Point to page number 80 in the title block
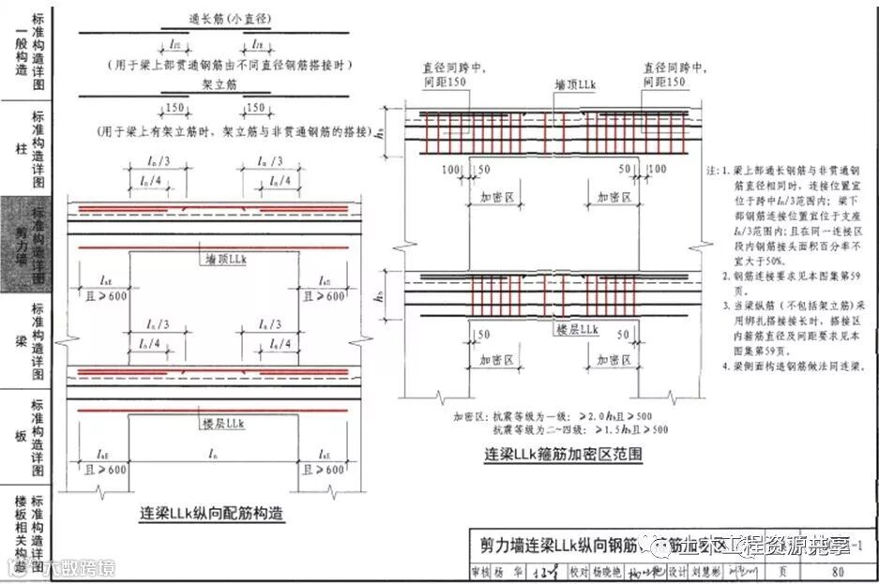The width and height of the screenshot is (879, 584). (x=837, y=574)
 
